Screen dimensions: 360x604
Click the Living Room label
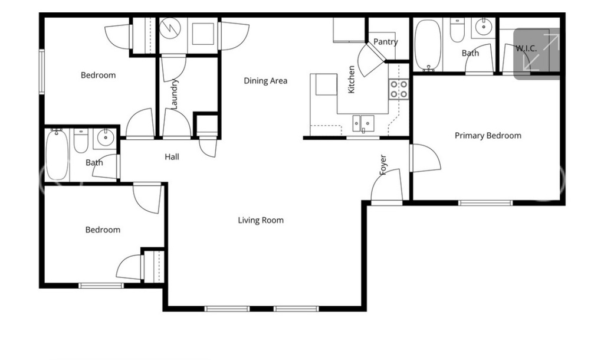pos(261,221)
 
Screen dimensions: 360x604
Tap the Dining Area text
pos(265,81)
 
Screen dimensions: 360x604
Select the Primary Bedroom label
pos(488,136)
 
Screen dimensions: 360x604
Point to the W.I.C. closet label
pos(526,48)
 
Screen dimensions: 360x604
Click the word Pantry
pos(385,42)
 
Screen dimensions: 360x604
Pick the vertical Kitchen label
pos(352,79)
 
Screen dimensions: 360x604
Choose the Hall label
pos(172,157)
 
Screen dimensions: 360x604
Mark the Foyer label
pos(383,165)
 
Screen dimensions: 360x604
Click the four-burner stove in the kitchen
pos(399,89)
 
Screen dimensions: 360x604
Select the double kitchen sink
pos(363,123)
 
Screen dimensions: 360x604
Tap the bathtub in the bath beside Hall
pos(57,155)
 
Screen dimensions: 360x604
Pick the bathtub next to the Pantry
pos(427,44)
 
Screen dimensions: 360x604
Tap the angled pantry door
pos(370,61)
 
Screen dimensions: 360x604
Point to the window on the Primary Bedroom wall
pos(485,203)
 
